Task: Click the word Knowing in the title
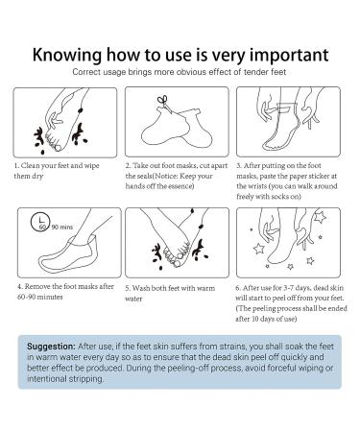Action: pos(67,55)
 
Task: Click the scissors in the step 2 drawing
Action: pos(164,103)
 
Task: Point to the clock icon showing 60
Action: pos(39,222)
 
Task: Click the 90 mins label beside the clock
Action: pos(62,227)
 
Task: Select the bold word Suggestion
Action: pos(51,347)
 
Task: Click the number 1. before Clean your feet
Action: pos(16,166)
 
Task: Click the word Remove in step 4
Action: pos(37,286)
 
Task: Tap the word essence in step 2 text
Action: pos(181,186)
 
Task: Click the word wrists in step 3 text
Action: pos(256,186)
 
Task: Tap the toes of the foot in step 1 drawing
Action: pos(53,142)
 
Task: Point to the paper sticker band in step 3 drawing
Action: pos(285,108)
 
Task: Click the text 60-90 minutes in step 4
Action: pos(40,297)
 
